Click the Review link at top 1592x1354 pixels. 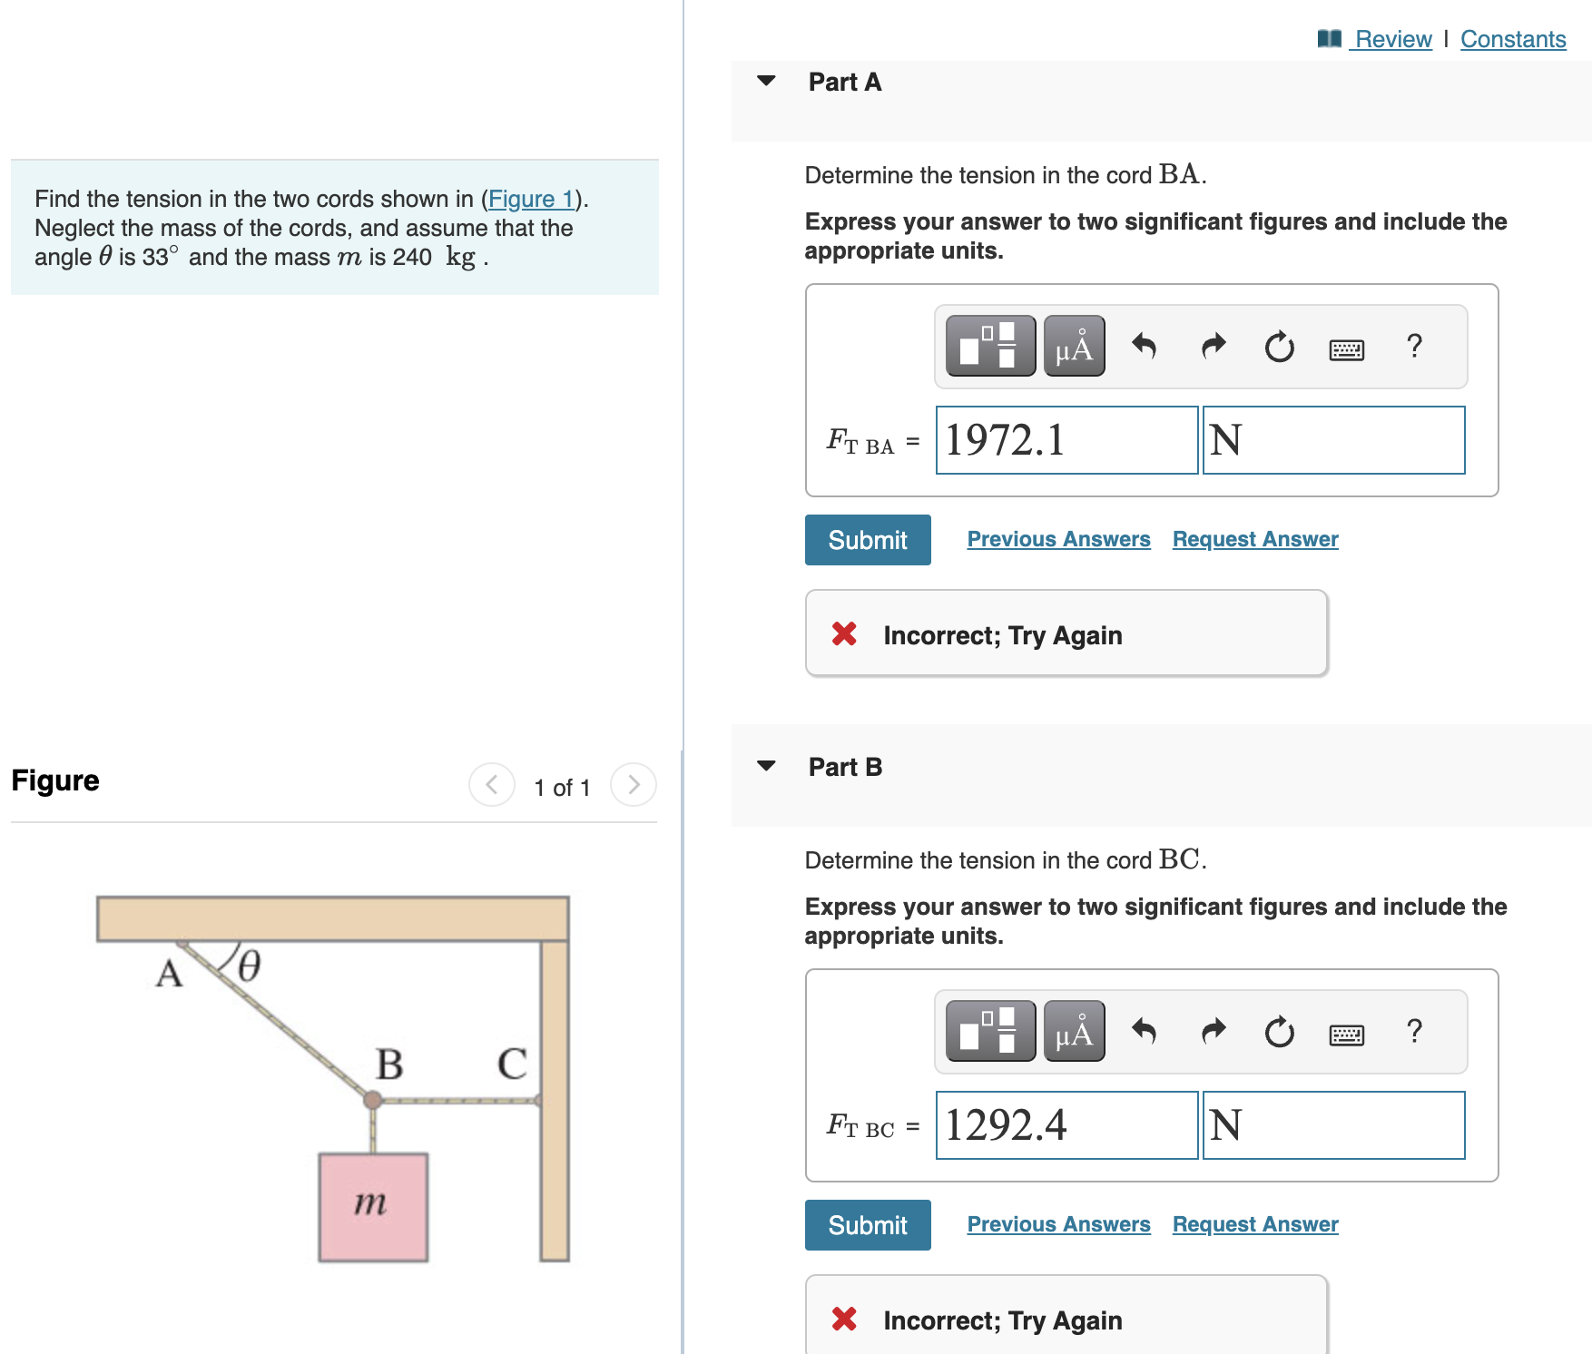point(1391,39)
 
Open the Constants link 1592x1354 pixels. point(1512,39)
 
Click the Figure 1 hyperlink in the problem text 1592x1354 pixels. point(531,199)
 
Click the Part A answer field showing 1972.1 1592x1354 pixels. point(1066,440)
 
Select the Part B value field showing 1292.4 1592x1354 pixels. point(1066,1125)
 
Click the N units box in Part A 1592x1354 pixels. point(1332,440)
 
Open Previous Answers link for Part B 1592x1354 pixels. point(1058,1224)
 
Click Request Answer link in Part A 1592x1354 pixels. point(1254,539)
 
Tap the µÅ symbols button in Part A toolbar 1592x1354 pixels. point(1074,346)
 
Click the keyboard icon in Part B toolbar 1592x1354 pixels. point(1346,1035)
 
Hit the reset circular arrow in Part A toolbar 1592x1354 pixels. point(1279,347)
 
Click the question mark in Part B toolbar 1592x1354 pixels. point(1413,1031)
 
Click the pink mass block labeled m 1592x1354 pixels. point(372,1206)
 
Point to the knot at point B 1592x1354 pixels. point(372,1100)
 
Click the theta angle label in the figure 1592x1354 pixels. point(249,966)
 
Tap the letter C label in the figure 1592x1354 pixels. point(512,1064)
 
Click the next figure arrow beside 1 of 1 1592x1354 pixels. point(633,784)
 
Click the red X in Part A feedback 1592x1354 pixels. point(844,633)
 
